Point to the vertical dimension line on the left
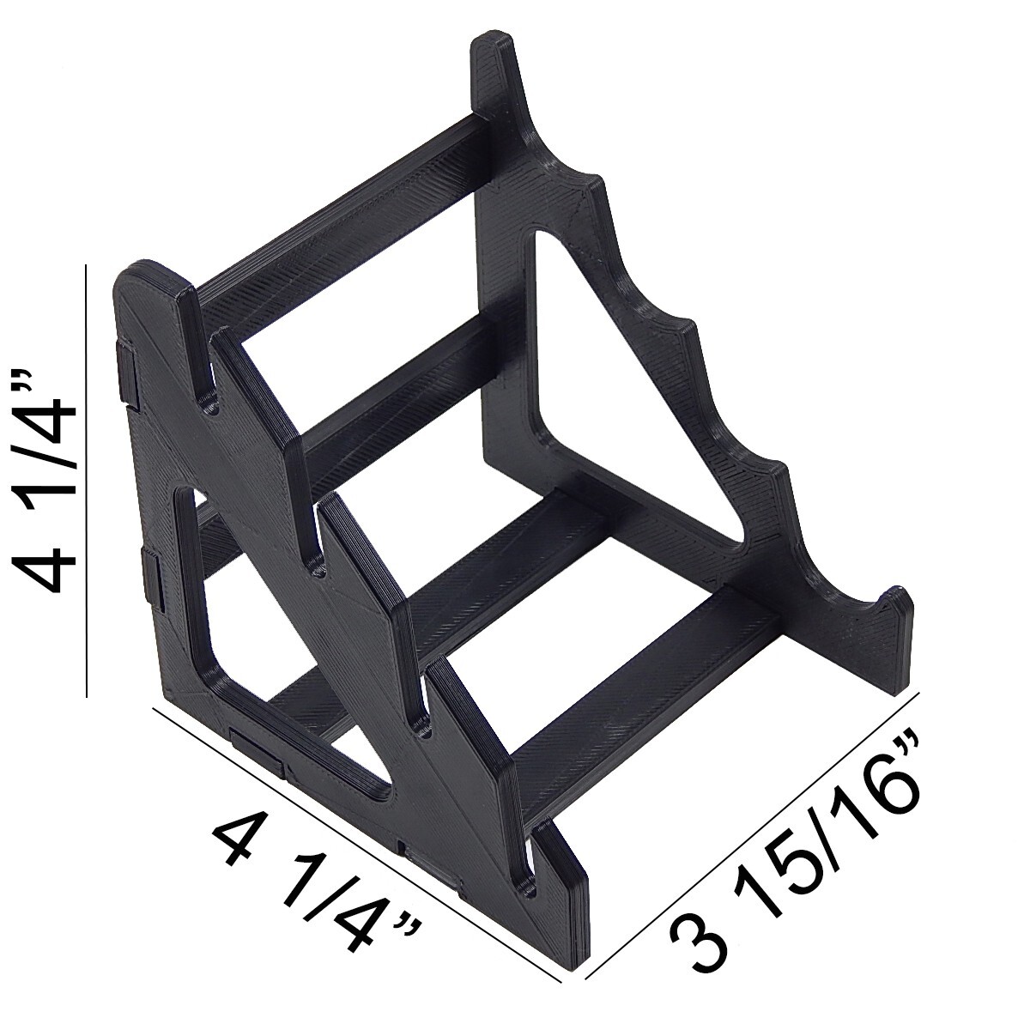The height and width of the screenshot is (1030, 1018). click(87, 481)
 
